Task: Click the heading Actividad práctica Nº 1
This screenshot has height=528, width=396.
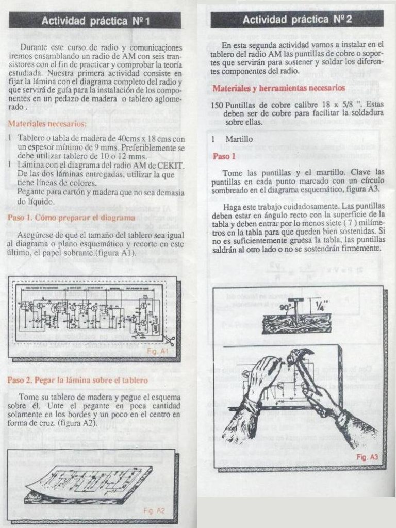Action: coord(95,21)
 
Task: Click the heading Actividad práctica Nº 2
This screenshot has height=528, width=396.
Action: coord(297,20)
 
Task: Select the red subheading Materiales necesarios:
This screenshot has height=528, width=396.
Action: coord(47,124)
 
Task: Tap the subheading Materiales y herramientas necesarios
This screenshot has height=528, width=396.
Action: coord(279,88)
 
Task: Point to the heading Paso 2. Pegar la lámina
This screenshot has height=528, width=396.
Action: coord(78,380)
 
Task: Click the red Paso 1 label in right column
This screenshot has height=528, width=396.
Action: coord(224,156)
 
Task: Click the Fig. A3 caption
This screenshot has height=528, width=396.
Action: coord(367,457)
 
